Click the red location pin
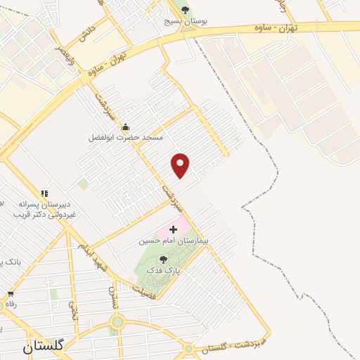(181, 165)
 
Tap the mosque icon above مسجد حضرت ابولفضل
(125, 127)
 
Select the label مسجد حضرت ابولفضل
(125, 138)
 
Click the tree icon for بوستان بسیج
(185, 10)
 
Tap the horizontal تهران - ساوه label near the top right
(275, 26)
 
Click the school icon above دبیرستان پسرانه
(44, 193)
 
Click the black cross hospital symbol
(173, 229)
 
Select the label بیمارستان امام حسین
(164, 240)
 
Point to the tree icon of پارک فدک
(163, 259)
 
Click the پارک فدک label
(163, 270)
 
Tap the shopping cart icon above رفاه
(10, 294)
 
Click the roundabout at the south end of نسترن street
(117, 323)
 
